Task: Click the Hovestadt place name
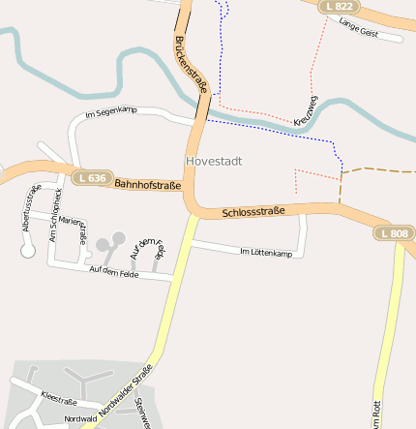[213, 161]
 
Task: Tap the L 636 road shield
[90, 178]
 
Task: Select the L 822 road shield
[340, 7]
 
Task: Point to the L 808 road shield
[394, 233]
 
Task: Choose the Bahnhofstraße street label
[147, 184]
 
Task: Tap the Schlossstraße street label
[253, 211]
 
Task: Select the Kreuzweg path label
[306, 111]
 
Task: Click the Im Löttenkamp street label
[265, 253]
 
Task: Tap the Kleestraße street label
[59, 397]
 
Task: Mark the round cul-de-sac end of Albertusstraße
[27, 251]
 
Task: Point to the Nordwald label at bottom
[79, 419]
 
